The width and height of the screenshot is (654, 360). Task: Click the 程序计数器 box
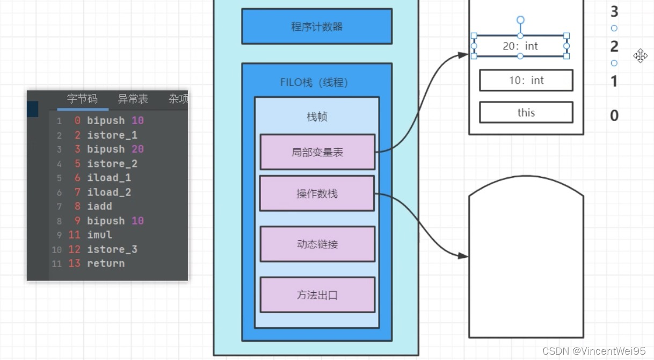(317, 26)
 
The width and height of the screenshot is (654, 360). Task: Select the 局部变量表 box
(317, 152)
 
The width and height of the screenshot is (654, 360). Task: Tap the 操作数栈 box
(317, 193)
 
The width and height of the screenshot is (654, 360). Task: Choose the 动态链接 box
(317, 244)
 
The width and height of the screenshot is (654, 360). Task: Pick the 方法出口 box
(317, 294)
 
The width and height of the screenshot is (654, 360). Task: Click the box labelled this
(526, 112)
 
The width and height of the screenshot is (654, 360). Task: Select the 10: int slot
(526, 81)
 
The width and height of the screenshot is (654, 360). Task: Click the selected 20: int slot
(520, 46)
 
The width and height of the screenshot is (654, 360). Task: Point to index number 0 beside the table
(614, 115)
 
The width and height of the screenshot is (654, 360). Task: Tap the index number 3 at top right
(614, 11)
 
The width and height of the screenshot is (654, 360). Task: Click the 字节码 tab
(82, 99)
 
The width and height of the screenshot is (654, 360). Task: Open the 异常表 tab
(133, 99)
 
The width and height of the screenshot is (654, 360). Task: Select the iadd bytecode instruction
(99, 206)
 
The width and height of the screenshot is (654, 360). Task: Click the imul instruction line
(99, 235)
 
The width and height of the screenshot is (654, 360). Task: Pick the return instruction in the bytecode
(105, 263)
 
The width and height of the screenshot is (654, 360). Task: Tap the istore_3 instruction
(112, 249)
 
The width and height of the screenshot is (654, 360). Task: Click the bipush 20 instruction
(115, 149)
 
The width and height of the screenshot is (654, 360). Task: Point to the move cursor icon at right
(640, 55)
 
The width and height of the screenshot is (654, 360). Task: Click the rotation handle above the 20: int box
(520, 20)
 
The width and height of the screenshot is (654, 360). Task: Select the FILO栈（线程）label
(317, 83)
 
